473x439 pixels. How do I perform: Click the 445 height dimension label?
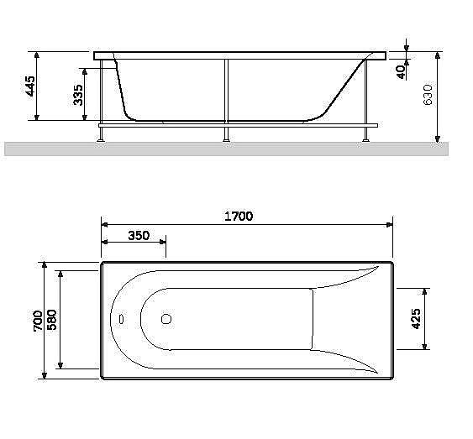(x=30, y=86)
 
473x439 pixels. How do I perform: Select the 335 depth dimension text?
(x=78, y=94)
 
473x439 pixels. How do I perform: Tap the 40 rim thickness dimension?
(x=402, y=71)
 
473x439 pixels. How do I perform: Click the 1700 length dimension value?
(x=238, y=216)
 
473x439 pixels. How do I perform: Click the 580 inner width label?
(x=53, y=320)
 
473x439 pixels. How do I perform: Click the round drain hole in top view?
(x=166, y=319)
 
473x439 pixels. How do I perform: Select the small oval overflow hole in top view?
(x=120, y=320)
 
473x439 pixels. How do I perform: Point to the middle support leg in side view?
(x=225, y=97)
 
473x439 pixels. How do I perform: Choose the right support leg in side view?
(x=365, y=97)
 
